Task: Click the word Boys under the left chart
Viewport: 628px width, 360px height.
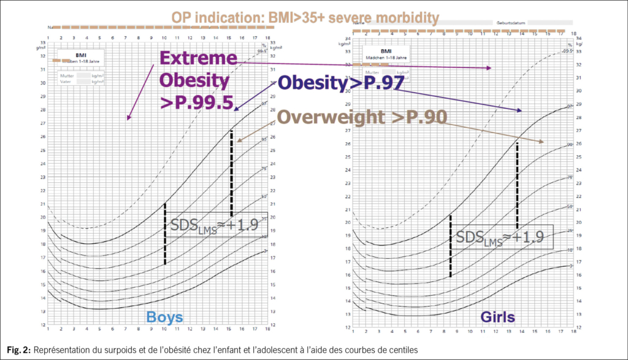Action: point(164,317)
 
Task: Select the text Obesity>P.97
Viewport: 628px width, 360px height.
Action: point(340,83)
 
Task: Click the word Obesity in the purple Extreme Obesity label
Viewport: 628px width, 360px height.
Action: point(195,81)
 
